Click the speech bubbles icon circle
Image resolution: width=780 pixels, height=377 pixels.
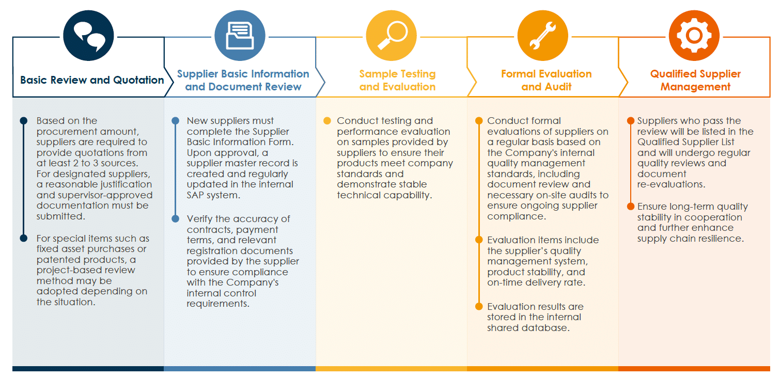point(88,36)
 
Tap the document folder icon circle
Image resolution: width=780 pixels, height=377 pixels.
point(240,36)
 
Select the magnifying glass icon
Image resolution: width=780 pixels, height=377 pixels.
point(392,36)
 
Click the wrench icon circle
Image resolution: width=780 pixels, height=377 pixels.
point(543,36)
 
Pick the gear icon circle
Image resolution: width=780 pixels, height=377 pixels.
point(694,36)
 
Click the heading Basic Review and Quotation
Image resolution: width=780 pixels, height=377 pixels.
point(92,80)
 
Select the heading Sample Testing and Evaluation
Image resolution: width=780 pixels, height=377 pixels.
point(397,80)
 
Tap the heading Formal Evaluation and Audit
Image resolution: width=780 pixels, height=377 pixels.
point(547,80)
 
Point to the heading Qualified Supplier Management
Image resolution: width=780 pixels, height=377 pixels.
point(695,80)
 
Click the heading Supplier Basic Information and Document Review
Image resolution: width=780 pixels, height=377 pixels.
point(243,80)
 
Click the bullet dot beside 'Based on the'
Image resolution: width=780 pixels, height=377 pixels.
point(24,121)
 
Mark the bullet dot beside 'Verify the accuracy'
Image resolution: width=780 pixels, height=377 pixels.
point(176,218)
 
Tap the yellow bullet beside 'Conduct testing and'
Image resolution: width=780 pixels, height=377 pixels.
point(327,121)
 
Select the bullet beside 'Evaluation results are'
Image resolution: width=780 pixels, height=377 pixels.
point(479,307)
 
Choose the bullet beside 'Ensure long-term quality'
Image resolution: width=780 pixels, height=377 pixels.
point(631,207)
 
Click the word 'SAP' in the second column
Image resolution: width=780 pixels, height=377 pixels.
point(195,195)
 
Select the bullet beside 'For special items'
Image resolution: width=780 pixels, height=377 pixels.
point(24,239)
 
